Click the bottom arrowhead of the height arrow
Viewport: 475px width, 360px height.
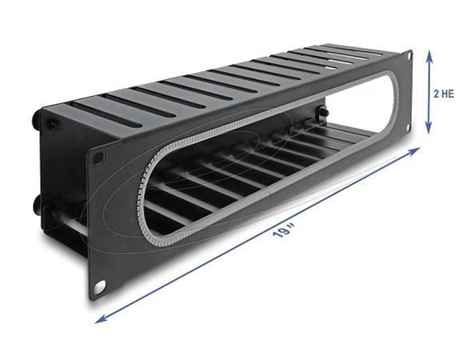click(430, 130)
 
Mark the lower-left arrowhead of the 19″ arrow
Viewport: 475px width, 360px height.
click(98, 320)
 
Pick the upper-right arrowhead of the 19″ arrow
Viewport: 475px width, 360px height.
click(418, 150)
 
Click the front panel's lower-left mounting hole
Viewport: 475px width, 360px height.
click(102, 285)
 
